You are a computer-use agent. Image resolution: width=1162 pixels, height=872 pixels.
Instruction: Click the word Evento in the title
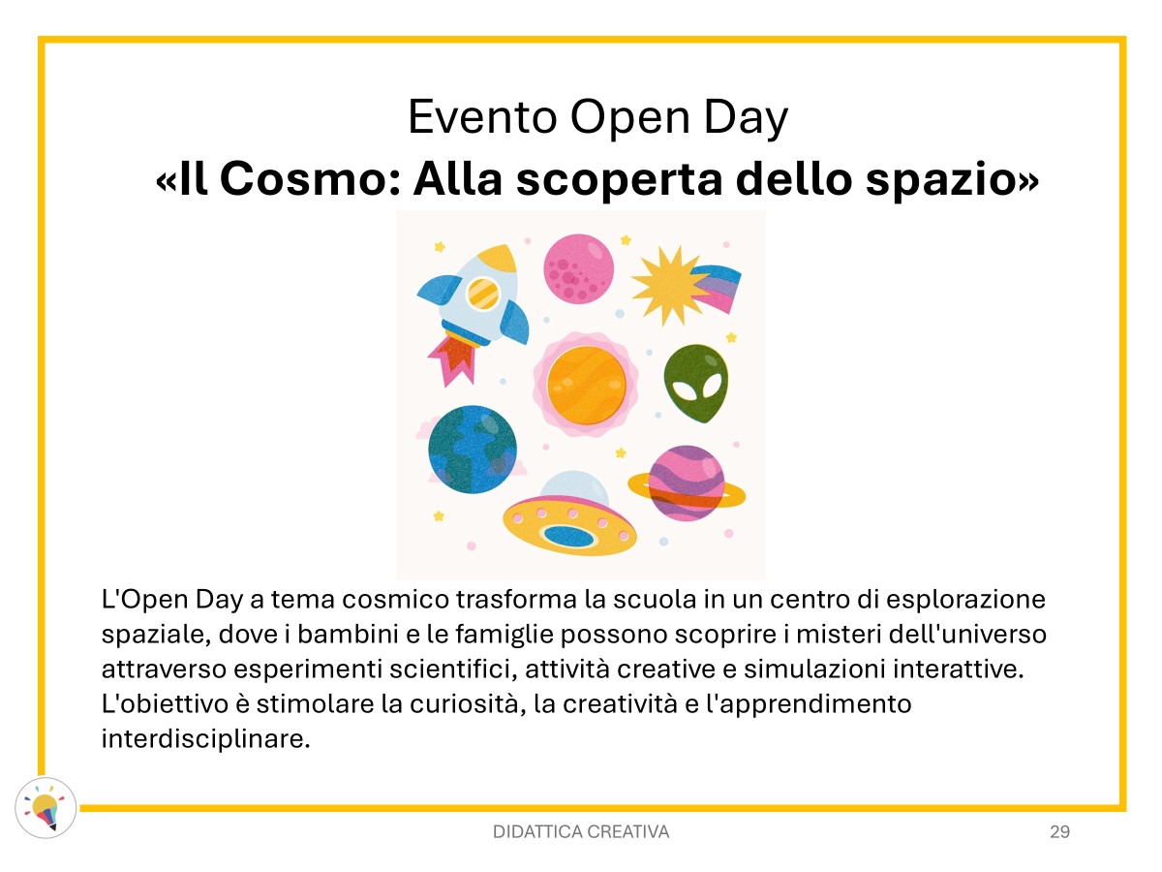481,117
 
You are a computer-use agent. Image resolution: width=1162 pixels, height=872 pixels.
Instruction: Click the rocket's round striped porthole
482,294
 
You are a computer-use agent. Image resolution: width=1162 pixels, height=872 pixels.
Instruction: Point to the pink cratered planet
579,269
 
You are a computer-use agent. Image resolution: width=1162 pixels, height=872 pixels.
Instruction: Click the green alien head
695,383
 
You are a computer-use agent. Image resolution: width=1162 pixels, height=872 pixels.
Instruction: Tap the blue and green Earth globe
473,450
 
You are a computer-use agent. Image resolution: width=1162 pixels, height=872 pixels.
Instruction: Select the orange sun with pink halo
586,385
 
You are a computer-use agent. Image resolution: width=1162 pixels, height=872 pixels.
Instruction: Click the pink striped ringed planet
687,483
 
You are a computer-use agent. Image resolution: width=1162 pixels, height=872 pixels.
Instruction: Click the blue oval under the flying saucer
568,537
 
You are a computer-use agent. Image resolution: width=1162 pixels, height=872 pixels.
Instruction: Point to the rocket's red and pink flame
453,357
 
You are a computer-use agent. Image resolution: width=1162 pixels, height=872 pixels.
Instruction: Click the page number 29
1059,831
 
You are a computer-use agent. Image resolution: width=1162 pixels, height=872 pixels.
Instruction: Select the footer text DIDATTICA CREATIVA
581,831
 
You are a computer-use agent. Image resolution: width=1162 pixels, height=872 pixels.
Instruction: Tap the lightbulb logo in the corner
46,808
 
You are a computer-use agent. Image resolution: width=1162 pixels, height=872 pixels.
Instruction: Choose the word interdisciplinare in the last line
205,738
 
